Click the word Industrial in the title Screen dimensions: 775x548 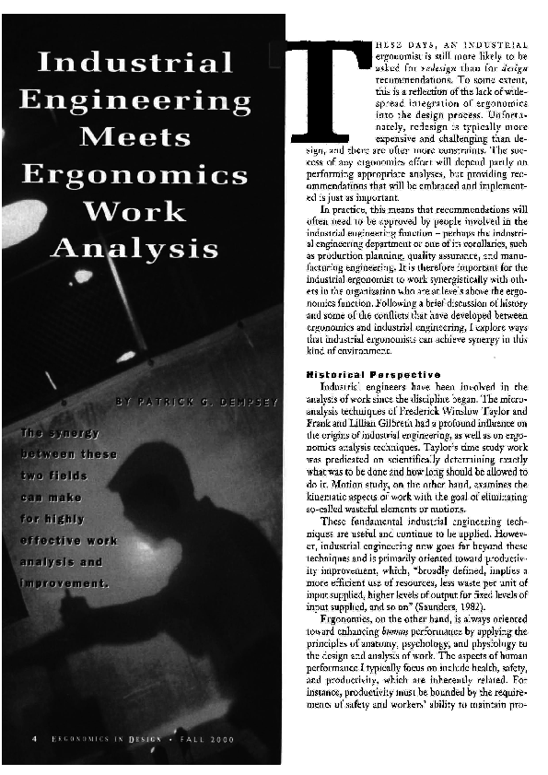(134, 63)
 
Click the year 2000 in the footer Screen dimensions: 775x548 (220, 739)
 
